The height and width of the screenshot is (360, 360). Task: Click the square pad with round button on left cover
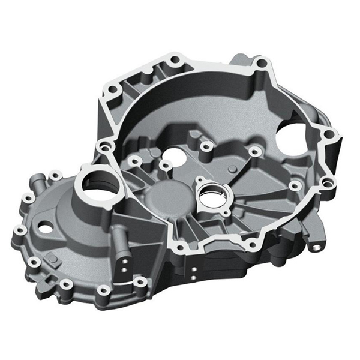coord(52,259)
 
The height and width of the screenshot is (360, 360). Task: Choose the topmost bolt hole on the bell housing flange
coord(175,61)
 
